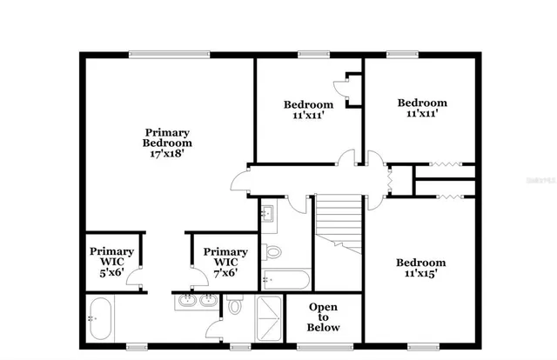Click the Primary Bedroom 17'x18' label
[x=167, y=143]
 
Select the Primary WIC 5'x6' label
[x=111, y=261]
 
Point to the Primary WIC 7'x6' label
[x=225, y=261]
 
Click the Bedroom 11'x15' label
[x=420, y=268]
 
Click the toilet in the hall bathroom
[x=272, y=253]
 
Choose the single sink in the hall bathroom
[x=267, y=212]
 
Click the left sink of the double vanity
[x=186, y=302]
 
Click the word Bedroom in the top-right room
[x=421, y=103]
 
